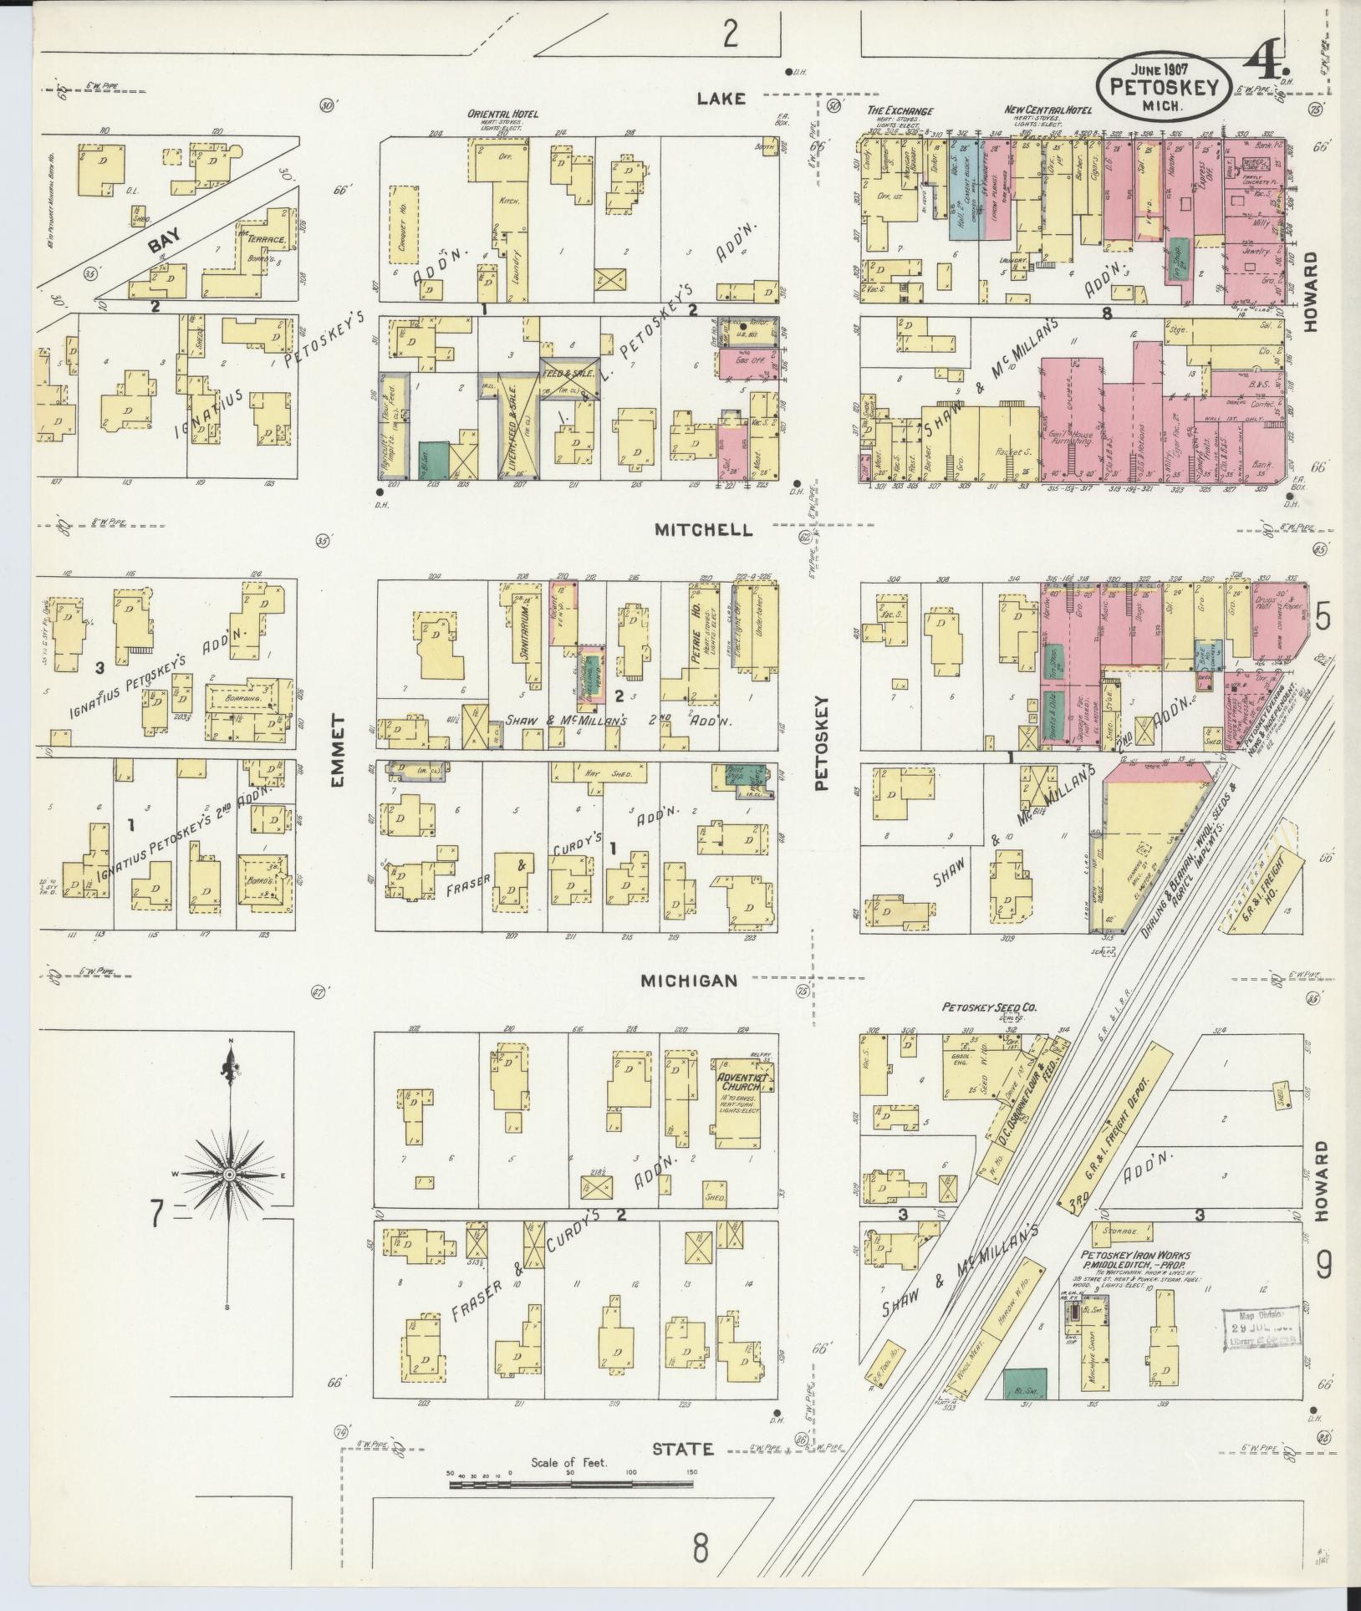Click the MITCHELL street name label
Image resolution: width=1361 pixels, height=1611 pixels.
(x=703, y=530)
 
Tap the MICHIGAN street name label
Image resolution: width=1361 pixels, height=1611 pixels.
(x=689, y=981)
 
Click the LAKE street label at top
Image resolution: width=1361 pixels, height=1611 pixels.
(x=721, y=99)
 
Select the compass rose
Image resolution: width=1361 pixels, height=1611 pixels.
(x=227, y=1175)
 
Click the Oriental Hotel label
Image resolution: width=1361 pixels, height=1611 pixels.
(x=502, y=114)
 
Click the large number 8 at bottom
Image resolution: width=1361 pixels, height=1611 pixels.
(x=700, y=1547)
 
